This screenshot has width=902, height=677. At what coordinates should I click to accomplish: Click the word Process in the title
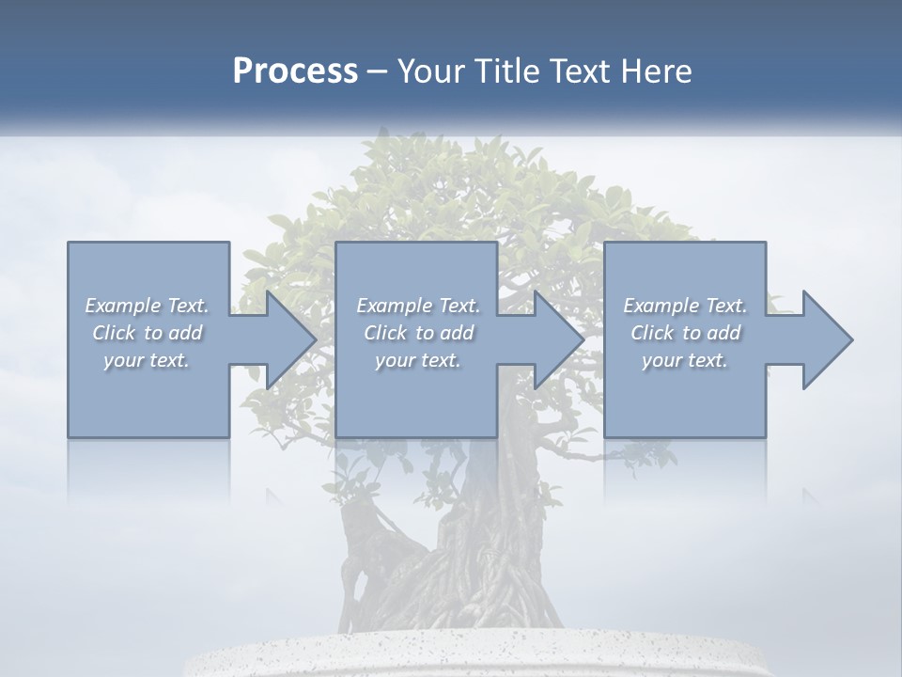click(295, 71)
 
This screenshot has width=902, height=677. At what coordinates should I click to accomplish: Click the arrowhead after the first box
click(288, 339)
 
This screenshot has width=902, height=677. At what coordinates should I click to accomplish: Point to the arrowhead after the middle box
click(556, 339)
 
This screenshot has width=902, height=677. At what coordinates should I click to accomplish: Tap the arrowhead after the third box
click(825, 339)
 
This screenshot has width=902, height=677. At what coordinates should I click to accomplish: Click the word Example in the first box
click(123, 306)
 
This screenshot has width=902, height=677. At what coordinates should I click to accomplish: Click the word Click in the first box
click(114, 333)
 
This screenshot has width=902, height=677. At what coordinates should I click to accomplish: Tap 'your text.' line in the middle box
click(417, 360)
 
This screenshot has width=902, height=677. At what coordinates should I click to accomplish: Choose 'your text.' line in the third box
click(684, 360)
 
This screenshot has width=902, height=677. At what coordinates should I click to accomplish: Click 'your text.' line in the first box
click(147, 360)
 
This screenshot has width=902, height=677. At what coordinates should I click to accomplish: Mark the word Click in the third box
click(652, 333)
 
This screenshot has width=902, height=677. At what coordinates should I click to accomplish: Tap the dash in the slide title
click(378, 71)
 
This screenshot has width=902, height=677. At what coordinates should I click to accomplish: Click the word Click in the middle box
click(385, 333)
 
